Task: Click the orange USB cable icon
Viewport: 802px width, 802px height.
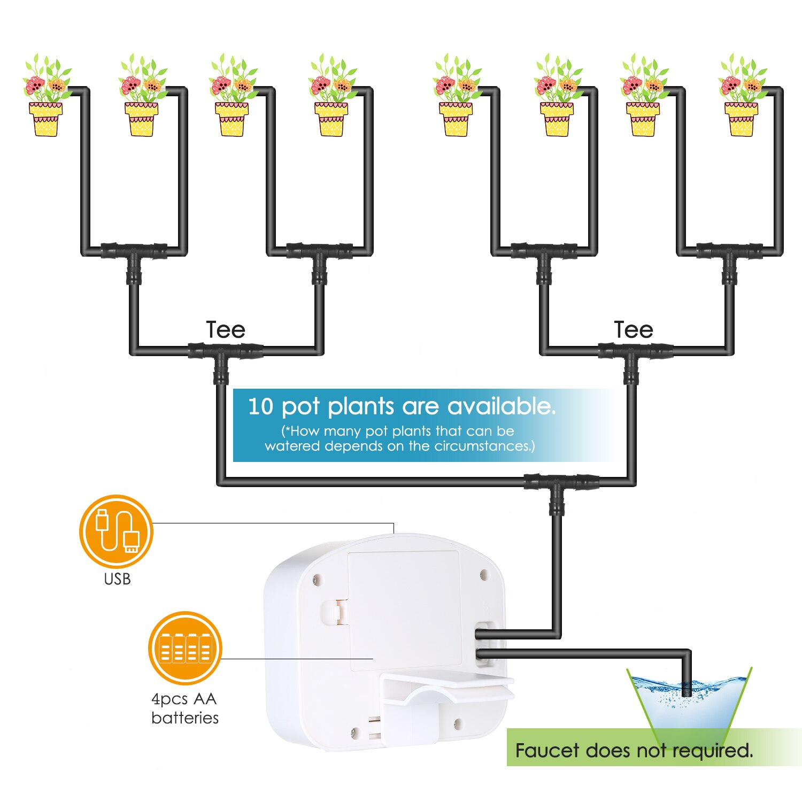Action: click(116, 531)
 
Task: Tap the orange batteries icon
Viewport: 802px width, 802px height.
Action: click(185, 648)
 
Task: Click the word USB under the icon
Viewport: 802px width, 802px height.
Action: click(117, 579)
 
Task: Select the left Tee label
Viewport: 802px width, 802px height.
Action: click(226, 330)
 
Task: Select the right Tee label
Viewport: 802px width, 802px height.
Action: click(634, 330)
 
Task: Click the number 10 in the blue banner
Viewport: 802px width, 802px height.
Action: click(260, 406)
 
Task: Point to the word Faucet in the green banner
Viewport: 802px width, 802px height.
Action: click(547, 751)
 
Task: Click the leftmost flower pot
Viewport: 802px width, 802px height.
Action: click(45, 119)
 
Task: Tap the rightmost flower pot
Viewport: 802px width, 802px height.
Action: click(741, 119)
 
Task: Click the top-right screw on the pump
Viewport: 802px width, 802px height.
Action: click(484, 575)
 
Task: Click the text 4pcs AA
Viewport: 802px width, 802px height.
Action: click(184, 699)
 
